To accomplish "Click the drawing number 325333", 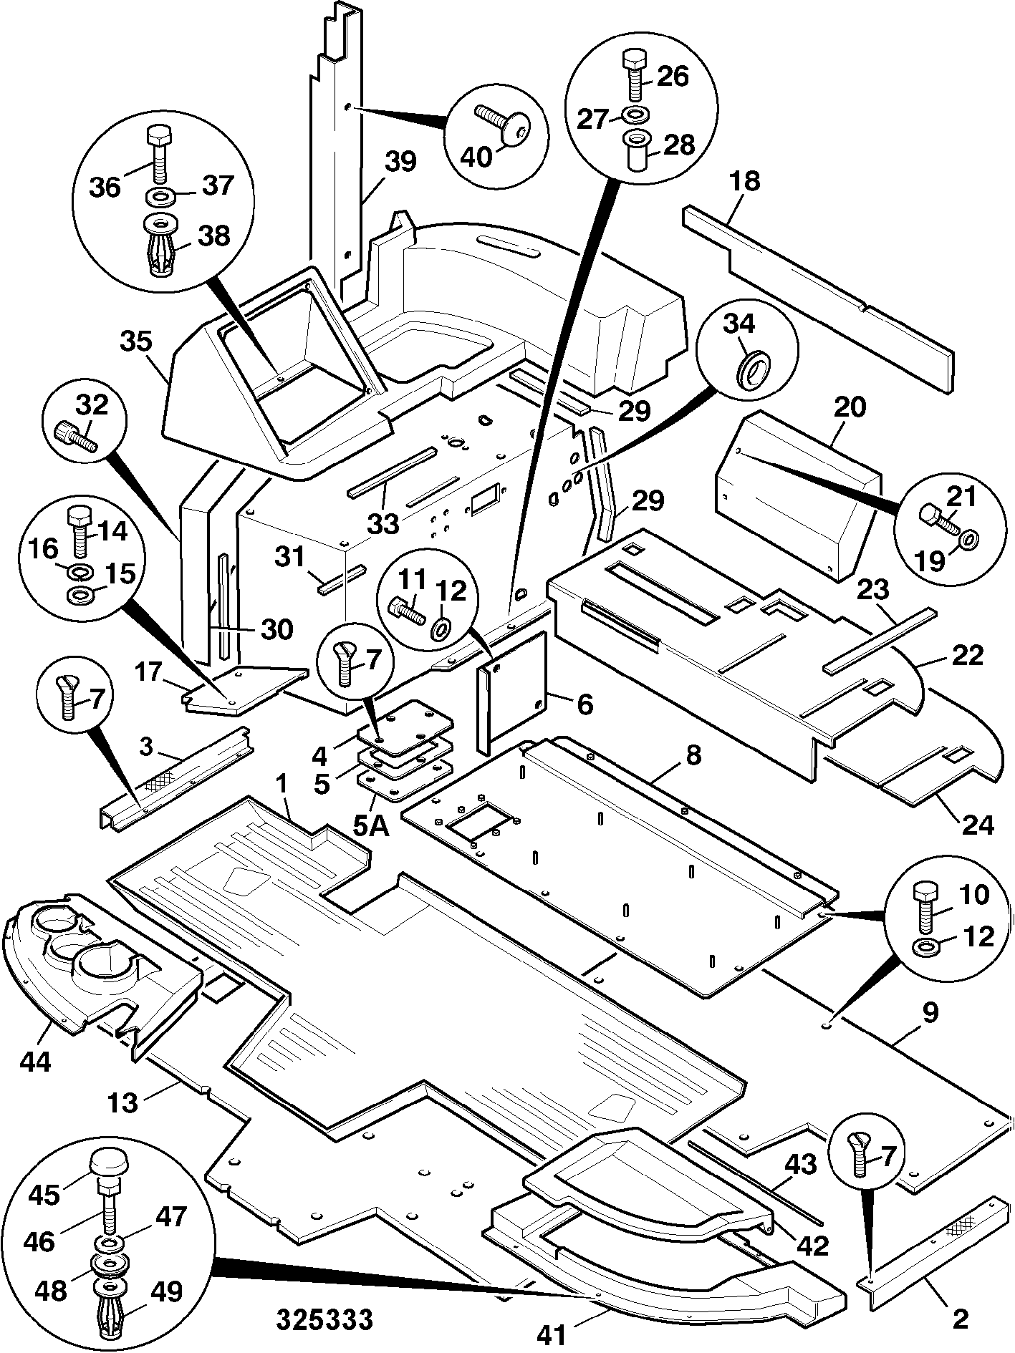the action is [x=325, y=1319].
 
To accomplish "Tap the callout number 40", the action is [x=476, y=155].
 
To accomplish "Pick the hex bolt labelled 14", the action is [x=78, y=530].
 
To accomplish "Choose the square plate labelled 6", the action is [x=513, y=692].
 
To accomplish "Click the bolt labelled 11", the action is [x=407, y=612].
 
